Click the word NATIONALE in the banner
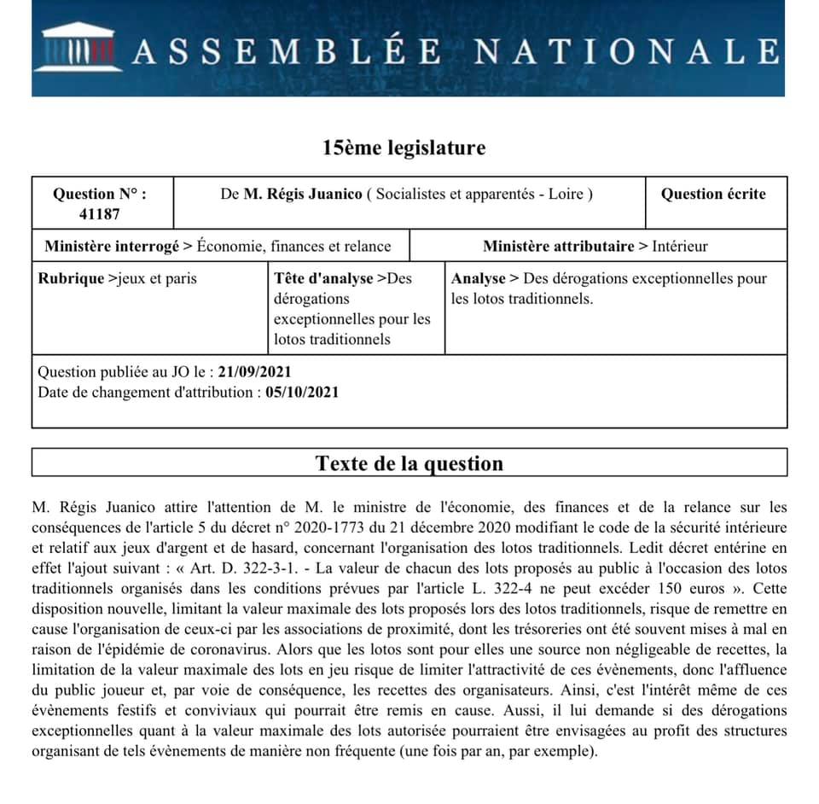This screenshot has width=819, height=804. tap(625, 52)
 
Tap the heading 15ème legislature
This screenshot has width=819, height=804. tap(404, 148)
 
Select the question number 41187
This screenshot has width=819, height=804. tap(100, 214)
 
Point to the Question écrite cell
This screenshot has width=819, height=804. tap(713, 194)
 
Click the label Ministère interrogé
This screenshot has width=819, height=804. tap(112, 247)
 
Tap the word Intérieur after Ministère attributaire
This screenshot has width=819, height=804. tap(680, 247)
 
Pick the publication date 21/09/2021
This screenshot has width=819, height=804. tap(255, 372)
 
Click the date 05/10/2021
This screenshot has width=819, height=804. tap(302, 393)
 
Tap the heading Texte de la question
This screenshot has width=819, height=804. tap(409, 463)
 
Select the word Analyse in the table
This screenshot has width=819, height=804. tap(478, 278)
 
